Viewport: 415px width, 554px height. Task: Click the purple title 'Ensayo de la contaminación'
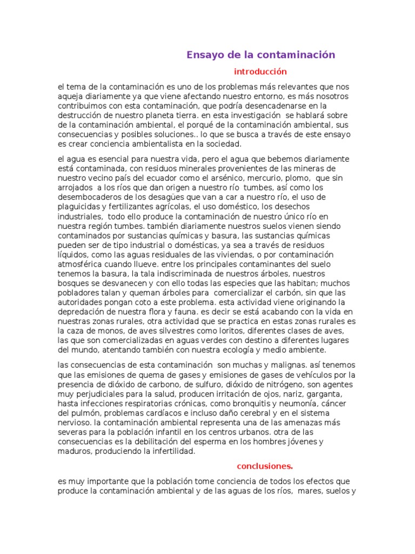pyautogui.click(x=261, y=55)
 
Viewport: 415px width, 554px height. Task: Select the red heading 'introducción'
pyautogui.click(x=260, y=71)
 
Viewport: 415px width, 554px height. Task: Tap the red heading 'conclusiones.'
pyautogui.click(x=265, y=465)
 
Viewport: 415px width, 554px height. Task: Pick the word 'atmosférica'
pyautogui.click(x=82, y=264)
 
